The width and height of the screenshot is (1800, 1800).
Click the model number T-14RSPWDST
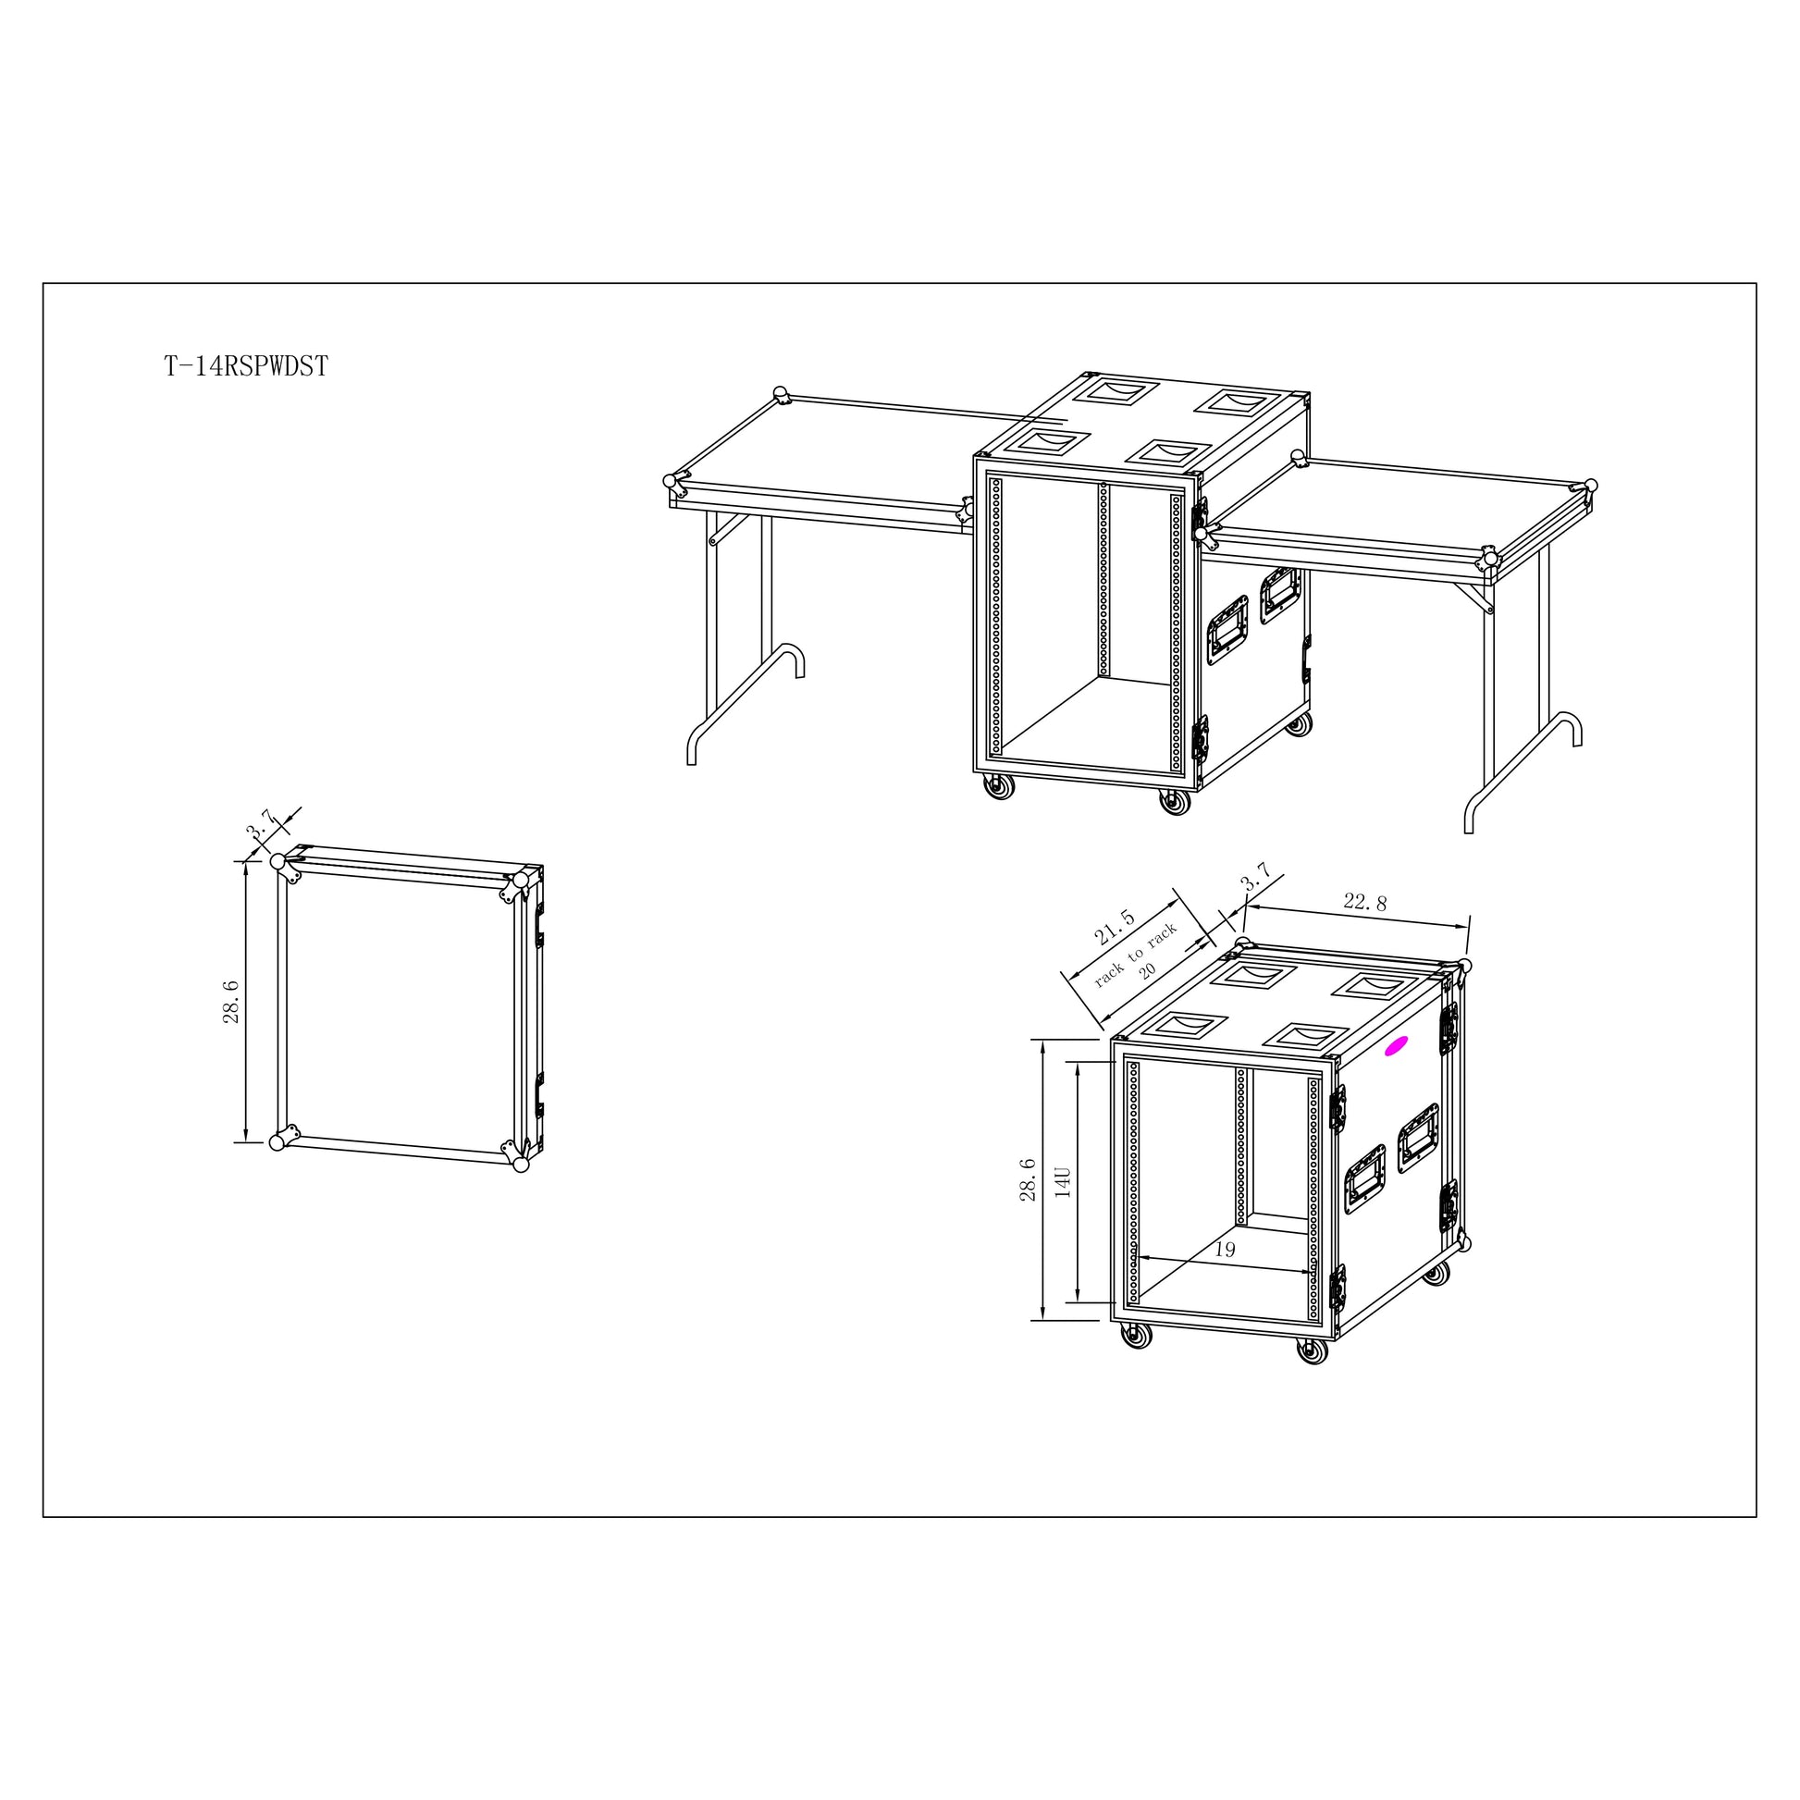(x=246, y=366)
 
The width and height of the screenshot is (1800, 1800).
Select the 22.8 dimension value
(x=1365, y=902)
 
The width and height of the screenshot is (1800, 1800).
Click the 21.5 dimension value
(x=1115, y=927)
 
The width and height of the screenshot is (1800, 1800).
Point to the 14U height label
(x=1063, y=1181)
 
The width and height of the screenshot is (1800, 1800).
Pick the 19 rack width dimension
(x=1225, y=1250)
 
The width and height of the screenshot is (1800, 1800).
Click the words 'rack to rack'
(x=1136, y=954)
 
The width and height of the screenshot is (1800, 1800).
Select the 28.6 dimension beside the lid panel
(x=230, y=1002)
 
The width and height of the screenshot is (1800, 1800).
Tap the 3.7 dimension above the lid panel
(x=260, y=823)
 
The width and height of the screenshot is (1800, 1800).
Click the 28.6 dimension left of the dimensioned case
(x=1028, y=1179)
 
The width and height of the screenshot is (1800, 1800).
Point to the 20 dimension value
(x=1147, y=970)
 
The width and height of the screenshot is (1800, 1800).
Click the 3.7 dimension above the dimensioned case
(x=1256, y=876)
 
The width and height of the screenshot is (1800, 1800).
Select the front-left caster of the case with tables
(x=998, y=787)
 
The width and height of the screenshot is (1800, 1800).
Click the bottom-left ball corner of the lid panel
(x=277, y=1142)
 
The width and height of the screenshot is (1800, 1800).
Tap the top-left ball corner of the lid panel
(x=277, y=861)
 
